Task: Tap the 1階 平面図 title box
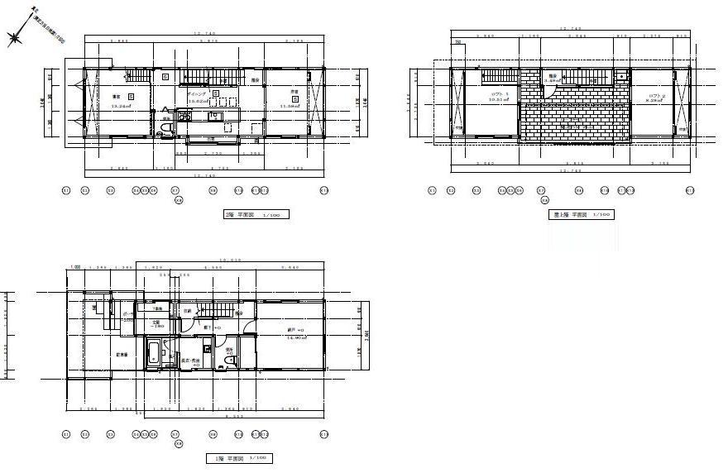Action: (238, 457)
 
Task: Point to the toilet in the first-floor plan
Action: (228, 361)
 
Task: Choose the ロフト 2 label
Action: (655, 96)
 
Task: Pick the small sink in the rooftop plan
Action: (620, 77)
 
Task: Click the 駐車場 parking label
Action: (122, 355)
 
